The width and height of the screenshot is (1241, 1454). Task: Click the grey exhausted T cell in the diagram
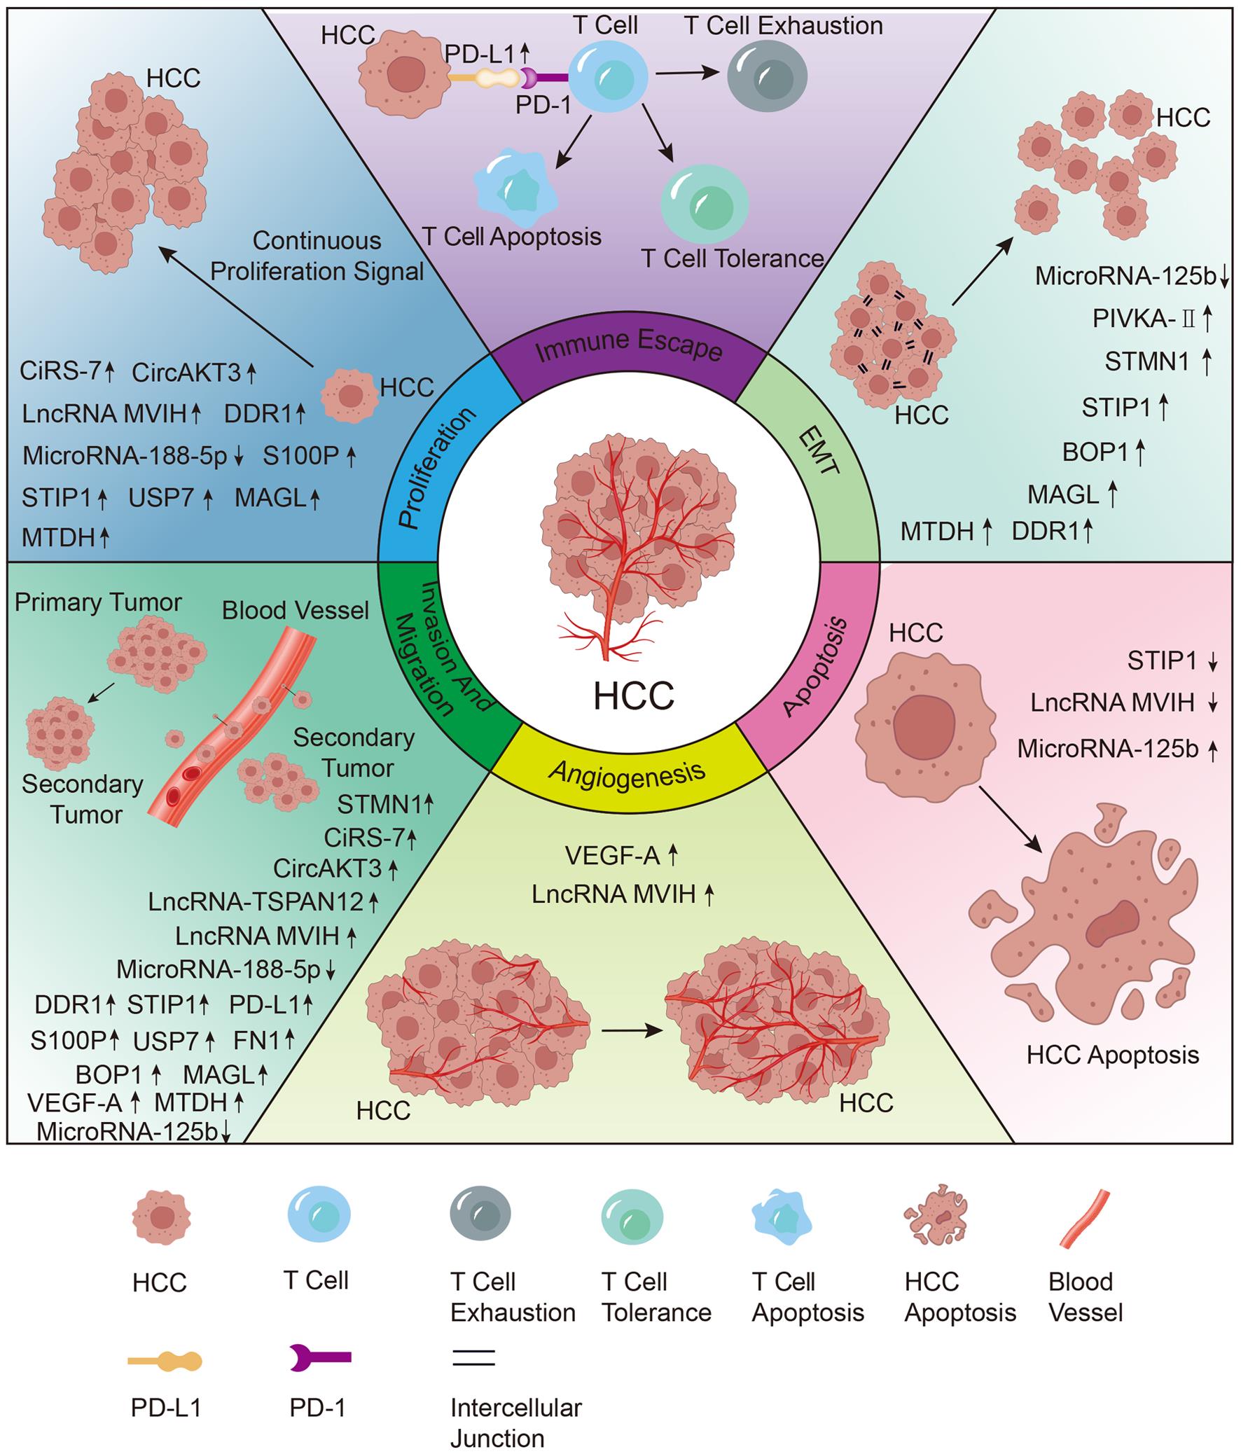coord(766,76)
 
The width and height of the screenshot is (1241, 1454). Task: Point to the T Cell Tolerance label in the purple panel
coord(732,259)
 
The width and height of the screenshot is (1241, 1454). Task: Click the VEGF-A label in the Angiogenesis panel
coord(612,855)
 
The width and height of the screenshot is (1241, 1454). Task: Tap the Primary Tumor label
coord(98,602)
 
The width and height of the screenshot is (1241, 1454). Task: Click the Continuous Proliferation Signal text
coord(317,256)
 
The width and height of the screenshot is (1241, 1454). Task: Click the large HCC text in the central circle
coord(634,695)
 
